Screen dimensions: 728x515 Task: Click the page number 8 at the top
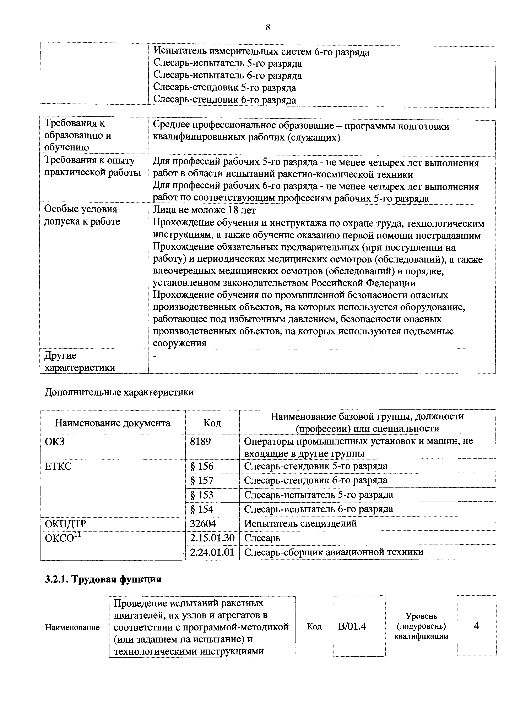click(267, 28)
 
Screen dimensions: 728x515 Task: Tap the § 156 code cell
click(202, 466)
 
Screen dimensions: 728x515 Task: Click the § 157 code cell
click(202, 480)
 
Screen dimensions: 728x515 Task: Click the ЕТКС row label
click(58, 467)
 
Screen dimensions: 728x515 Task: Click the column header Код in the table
click(212, 423)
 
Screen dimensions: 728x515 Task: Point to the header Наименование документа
click(113, 423)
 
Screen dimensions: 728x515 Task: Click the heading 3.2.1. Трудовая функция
click(103, 579)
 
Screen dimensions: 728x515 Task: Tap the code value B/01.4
click(352, 627)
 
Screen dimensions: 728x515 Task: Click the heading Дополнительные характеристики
click(119, 392)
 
